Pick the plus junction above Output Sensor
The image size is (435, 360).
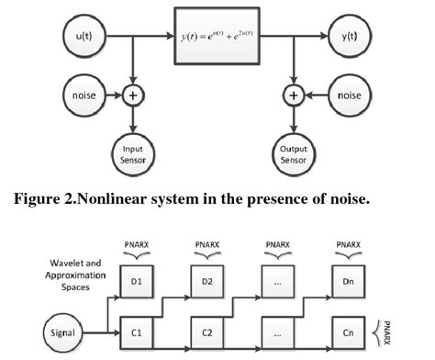[x=294, y=94]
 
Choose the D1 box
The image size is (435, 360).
[x=136, y=282]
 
